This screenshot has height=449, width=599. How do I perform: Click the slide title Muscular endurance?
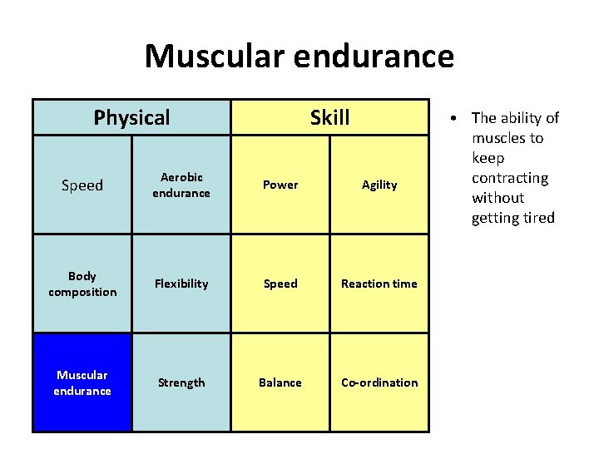(299, 57)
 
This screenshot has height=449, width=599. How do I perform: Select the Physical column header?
(131, 117)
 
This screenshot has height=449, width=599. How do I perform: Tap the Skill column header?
(329, 117)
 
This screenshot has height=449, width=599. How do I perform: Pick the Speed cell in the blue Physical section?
(82, 185)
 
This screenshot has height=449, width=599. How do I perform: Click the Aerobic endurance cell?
(181, 185)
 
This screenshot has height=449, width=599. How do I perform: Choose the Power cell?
(280, 185)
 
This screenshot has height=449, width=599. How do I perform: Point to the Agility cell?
(379, 185)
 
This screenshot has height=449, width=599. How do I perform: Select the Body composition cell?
(82, 284)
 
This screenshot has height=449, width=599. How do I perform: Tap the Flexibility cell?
(181, 284)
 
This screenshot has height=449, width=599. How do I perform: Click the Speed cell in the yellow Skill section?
(280, 284)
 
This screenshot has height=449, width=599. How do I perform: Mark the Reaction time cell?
(379, 284)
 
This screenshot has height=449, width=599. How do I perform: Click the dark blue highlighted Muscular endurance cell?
(82, 382)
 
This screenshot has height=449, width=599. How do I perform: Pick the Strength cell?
(181, 382)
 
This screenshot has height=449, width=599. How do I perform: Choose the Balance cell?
(280, 382)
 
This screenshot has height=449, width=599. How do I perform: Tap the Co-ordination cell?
(379, 382)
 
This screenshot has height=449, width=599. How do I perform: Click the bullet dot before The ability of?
(460, 118)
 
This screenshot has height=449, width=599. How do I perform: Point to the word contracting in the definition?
(510, 178)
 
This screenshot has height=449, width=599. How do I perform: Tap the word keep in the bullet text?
(488, 158)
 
